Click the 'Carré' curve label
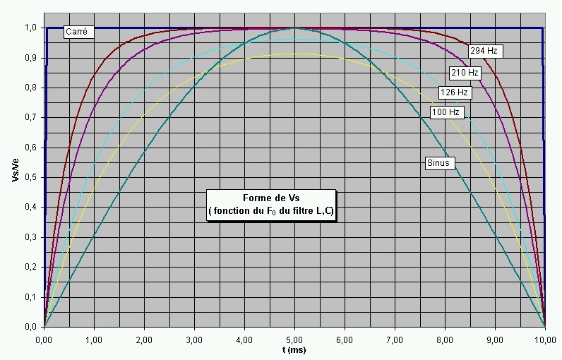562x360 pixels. pos(76,32)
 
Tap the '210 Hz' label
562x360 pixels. pos(465,71)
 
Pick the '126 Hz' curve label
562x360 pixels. pos(454,92)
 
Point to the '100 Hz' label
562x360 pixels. pos(446,112)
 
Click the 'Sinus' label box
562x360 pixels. pos(438,163)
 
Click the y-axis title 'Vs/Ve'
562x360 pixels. pos(15,170)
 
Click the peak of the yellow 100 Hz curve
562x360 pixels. pos(294,54)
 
